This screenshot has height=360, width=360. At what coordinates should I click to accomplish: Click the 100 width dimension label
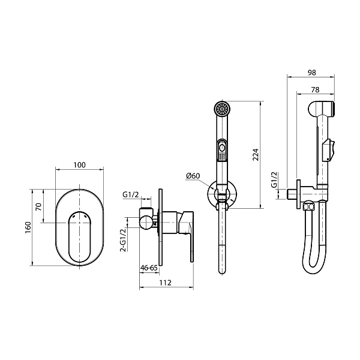click(x=80, y=165)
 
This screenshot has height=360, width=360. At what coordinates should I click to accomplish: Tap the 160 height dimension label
click(x=28, y=227)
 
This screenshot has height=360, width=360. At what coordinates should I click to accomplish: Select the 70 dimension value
click(x=39, y=207)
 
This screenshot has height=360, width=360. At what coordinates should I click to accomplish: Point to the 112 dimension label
click(x=166, y=283)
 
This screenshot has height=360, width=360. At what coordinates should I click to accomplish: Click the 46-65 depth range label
click(x=149, y=268)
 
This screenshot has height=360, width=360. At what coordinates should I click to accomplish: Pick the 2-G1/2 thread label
click(x=124, y=239)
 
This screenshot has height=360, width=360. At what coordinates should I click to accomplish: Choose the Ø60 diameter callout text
click(x=193, y=176)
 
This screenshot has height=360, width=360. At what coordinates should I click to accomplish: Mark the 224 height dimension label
click(x=256, y=155)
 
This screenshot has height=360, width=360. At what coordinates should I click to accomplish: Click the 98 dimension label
click(x=312, y=73)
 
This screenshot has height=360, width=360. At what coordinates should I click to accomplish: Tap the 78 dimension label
click(x=315, y=89)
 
